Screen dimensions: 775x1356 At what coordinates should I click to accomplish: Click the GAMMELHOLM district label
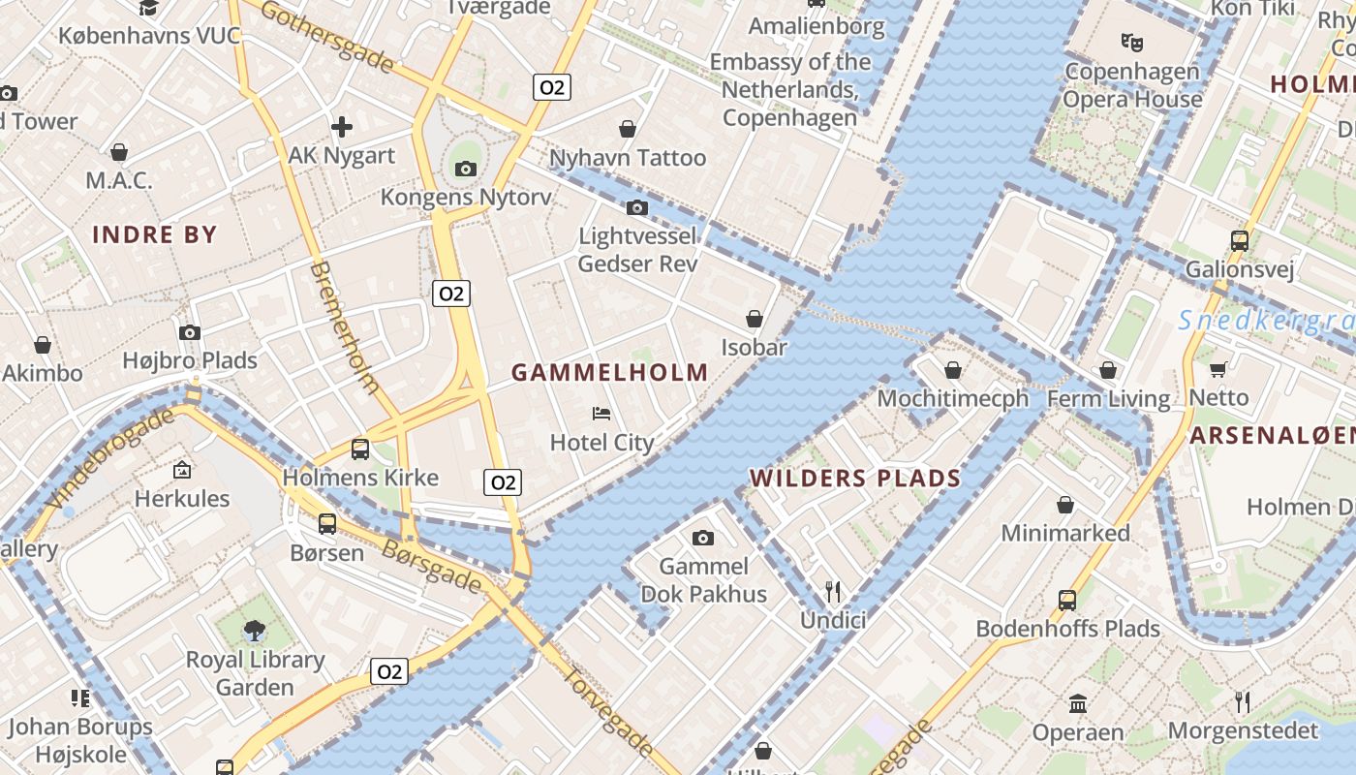point(609,372)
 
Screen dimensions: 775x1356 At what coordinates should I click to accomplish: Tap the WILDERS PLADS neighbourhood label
point(854,478)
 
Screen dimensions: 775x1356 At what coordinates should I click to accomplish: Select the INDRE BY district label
point(154,234)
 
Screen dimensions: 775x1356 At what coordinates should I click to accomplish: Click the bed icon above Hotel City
point(601,414)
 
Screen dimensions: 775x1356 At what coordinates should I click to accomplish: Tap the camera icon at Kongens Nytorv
point(466,169)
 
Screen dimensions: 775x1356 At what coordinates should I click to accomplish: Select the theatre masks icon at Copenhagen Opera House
point(1130,42)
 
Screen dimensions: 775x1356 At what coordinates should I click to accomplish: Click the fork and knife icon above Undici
point(832,591)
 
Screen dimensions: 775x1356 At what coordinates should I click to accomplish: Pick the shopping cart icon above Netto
point(1217,369)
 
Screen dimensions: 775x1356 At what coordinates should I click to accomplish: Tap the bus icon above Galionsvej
point(1239,240)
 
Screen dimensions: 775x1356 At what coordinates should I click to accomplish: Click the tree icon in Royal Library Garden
point(255,632)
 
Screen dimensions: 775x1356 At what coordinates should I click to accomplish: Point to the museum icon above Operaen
point(1077,703)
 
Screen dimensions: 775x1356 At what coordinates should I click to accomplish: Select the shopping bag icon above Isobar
point(754,319)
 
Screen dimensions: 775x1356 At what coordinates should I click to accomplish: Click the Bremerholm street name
point(345,326)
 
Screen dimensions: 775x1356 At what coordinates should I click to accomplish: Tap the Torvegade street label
point(607,711)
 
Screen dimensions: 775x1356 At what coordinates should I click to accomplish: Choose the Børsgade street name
point(432,566)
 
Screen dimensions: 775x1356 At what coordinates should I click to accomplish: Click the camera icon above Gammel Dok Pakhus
point(703,538)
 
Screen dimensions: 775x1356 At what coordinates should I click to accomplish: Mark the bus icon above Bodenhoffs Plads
point(1066,600)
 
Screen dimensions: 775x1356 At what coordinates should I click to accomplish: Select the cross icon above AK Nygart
point(341,126)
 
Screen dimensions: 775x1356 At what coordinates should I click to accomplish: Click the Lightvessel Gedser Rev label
point(637,249)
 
